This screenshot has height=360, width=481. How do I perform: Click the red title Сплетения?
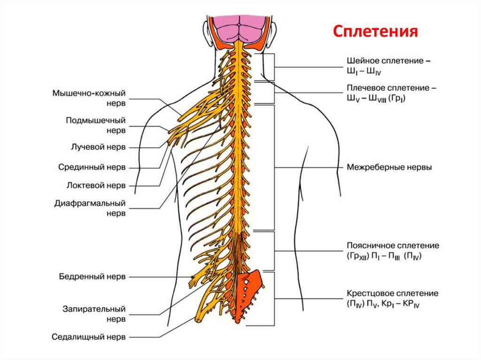(376, 31)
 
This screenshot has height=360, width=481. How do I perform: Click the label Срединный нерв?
(92, 167)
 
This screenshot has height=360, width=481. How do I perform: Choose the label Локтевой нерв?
(96, 185)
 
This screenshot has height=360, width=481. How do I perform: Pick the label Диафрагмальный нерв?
(91, 208)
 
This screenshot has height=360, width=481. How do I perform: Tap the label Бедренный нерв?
(93, 277)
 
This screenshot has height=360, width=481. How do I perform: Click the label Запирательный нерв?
(94, 314)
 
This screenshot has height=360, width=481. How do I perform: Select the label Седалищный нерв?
(89, 337)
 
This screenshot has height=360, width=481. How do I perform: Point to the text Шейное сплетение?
(388, 61)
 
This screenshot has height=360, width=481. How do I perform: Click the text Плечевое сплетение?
(388, 88)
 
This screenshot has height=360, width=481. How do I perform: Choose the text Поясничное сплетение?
(393, 245)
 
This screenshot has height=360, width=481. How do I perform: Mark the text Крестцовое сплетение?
(393, 293)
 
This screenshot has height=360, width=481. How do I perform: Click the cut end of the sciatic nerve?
(198, 320)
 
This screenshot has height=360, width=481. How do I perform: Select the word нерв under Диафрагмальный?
(115, 213)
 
